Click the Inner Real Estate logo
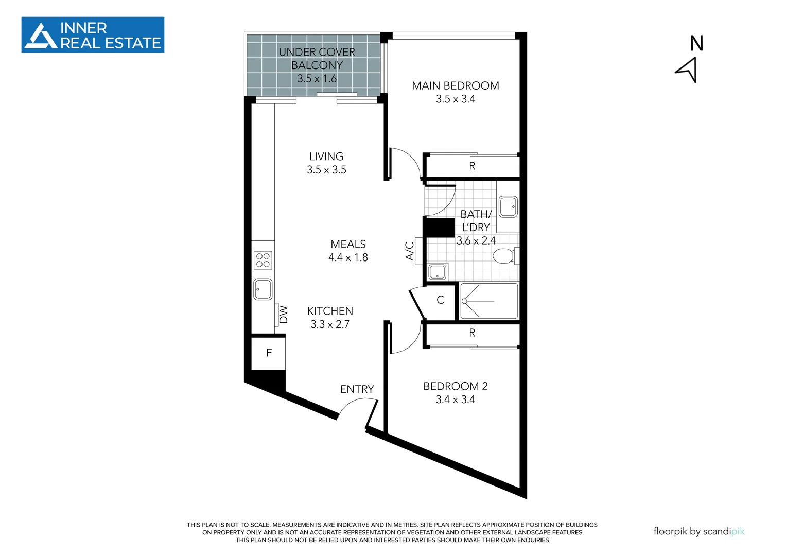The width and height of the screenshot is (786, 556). [93, 35]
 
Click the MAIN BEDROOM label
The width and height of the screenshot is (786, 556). [455, 85]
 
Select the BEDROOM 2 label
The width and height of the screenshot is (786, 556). [455, 386]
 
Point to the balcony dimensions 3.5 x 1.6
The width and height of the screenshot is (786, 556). [317, 79]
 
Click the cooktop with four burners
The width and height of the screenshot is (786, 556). [263, 260]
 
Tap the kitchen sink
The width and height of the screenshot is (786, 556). [263, 289]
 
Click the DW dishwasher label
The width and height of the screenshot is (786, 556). [283, 315]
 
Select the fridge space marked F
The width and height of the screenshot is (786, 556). [269, 353]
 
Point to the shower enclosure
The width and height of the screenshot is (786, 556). [488, 301]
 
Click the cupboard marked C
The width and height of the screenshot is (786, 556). [440, 300]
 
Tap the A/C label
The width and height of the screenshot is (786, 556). [410, 251]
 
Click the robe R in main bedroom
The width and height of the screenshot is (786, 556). [472, 166]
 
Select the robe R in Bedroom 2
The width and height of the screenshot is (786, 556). [472, 333]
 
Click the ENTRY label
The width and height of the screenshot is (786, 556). [357, 389]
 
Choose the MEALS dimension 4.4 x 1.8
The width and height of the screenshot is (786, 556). [348, 257]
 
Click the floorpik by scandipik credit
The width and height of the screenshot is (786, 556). [698, 531]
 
